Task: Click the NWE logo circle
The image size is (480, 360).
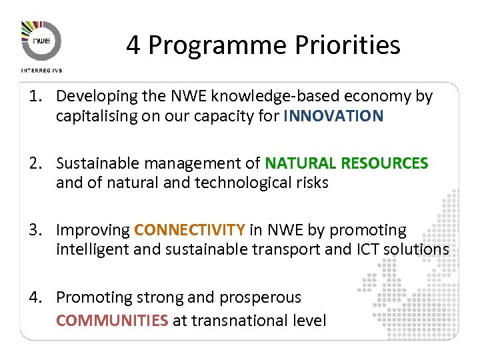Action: (41, 41)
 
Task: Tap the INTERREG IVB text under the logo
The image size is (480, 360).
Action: (41, 69)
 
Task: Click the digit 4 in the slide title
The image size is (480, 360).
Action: (133, 45)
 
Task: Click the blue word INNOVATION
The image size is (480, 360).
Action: (333, 116)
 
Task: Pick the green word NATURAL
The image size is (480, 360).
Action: (301, 163)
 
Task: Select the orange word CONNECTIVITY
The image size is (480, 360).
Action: (189, 230)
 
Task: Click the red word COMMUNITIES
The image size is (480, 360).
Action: (112, 321)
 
